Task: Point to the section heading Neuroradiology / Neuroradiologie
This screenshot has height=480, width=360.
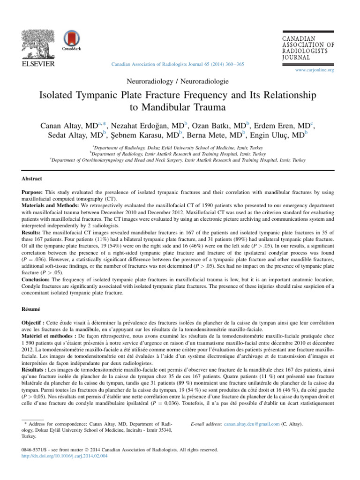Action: point(180,81)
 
